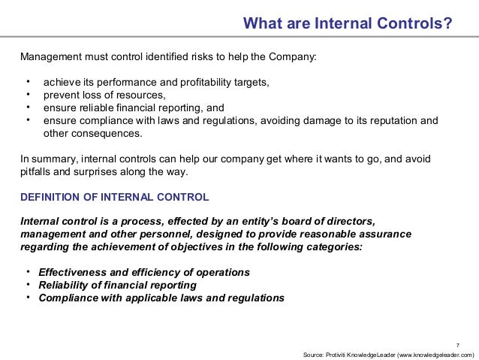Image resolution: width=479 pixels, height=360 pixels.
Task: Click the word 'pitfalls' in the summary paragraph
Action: (36, 171)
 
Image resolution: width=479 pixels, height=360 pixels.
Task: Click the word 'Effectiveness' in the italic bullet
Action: (74, 272)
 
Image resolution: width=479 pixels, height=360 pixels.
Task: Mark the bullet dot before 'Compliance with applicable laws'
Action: (28, 297)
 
